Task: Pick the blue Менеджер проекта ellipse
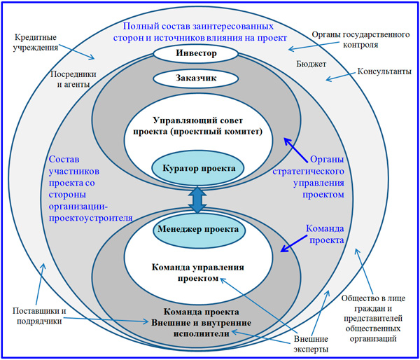point(197,229)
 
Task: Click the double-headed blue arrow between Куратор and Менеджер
point(198,199)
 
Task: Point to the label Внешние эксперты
point(302,345)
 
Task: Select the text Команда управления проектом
point(197,272)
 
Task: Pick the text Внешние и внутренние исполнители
point(198,329)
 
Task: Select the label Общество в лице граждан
point(377,317)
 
